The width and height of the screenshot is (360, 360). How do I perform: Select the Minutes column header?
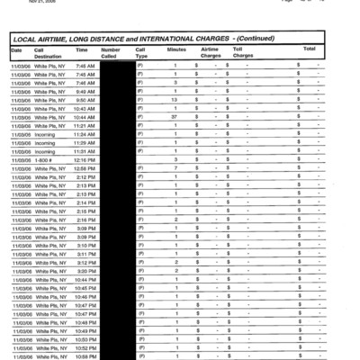(176, 49)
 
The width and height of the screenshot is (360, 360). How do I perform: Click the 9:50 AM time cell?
(85, 100)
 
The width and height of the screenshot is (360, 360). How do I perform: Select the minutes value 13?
(175, 100)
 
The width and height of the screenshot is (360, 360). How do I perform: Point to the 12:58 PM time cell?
(85, 168)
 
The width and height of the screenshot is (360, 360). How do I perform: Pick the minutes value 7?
(175, 168)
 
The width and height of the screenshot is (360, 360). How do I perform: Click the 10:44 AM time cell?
(85, 117)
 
